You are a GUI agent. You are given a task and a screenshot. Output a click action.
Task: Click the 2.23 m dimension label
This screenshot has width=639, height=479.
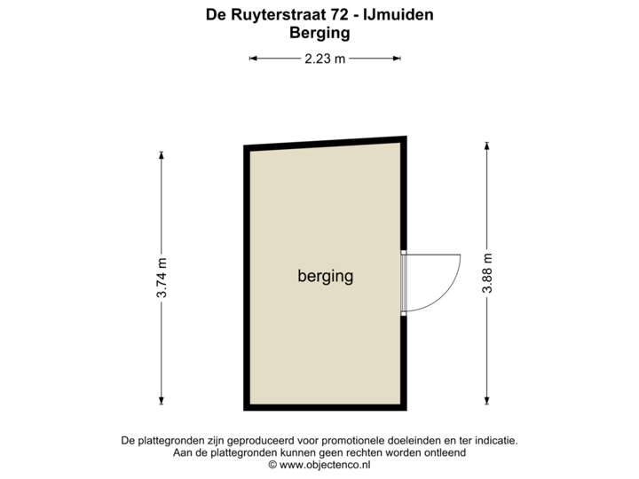(325, 59)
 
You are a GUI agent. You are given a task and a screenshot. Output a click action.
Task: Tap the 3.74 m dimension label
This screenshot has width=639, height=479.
(162, 278)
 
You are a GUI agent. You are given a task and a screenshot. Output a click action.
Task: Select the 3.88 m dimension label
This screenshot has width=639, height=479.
(486, 272)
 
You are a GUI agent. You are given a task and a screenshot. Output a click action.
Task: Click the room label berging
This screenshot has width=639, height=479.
(325, 276)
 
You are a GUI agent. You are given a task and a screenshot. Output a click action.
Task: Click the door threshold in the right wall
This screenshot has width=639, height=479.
(405, 283)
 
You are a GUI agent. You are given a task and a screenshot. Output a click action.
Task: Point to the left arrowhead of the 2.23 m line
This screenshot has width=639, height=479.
(251, 59)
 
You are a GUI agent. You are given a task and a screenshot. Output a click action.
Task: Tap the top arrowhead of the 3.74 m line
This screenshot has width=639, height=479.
(162, 154)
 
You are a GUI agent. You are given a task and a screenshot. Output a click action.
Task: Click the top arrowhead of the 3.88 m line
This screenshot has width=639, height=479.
(486, 144)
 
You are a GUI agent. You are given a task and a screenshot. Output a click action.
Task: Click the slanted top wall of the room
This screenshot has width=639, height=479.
(325, 145)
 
